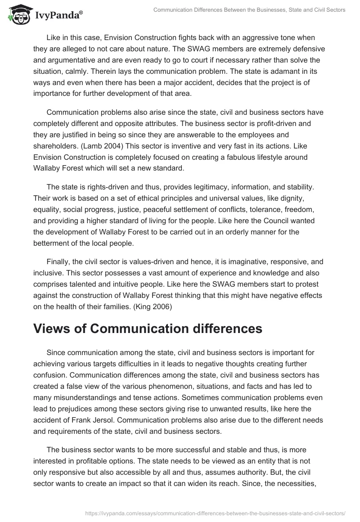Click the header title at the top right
point(249,10)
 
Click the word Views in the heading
point(54,329)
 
